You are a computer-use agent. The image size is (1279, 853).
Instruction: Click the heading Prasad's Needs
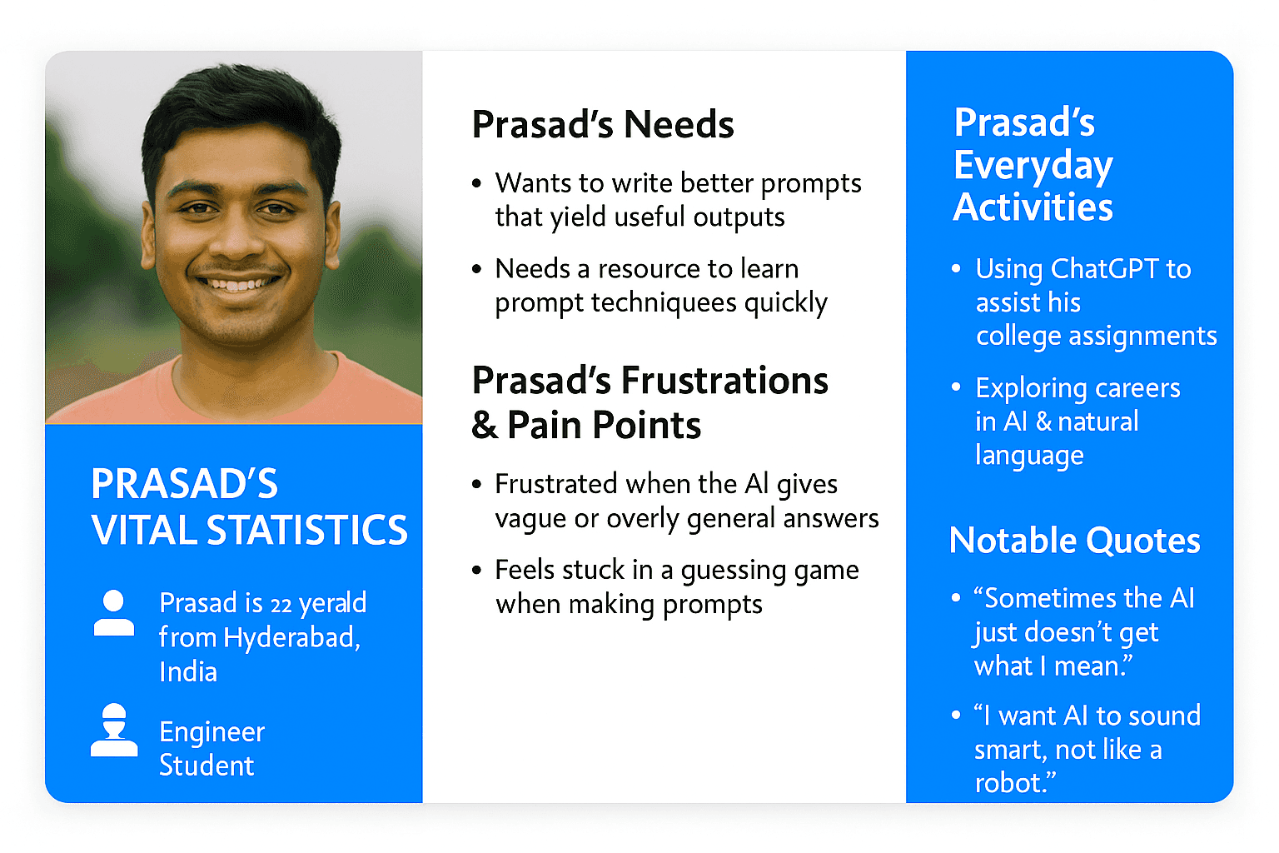coord(602,124)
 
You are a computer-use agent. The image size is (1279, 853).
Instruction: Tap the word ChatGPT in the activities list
coord(1105,268)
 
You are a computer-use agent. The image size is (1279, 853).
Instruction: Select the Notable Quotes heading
coord(1075,541)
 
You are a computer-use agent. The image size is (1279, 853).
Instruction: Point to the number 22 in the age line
coord(281,605)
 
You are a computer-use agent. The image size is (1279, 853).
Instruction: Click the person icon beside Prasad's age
coord(113,612)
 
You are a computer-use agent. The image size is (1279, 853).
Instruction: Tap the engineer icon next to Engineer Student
coord(114,731)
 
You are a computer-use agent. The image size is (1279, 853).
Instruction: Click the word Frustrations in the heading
coord(724,381)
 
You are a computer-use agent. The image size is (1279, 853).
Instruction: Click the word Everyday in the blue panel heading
coord(1033,166)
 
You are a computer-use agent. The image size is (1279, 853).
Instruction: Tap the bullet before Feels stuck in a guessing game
coord(477,570)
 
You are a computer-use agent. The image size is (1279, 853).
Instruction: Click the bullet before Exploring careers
coord(957,387)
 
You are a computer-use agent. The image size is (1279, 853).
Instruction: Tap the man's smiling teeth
coord(238,283)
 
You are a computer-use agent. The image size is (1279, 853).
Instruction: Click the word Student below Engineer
coord(207,766)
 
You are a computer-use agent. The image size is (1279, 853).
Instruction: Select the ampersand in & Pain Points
coord(484,426)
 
